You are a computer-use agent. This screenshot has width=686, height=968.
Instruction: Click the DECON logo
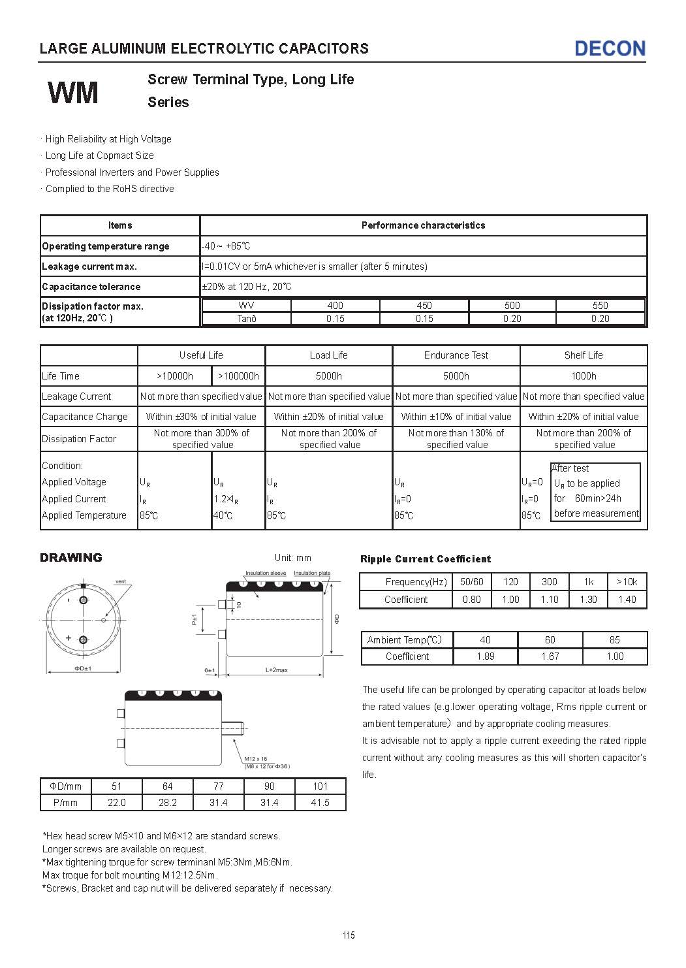(610, 48)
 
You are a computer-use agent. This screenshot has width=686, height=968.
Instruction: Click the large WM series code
(73, 92)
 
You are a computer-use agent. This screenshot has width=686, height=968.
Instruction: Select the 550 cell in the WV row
(600, 305)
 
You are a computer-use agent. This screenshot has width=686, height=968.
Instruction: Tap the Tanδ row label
(246, 319)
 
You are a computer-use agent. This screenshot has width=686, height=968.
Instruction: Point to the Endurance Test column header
(456, 355)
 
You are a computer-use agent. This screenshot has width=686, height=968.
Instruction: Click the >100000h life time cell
(238, 376)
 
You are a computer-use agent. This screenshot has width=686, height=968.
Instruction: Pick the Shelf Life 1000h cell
(584, 376)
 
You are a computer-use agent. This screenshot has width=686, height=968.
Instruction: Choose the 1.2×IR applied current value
(226, 499)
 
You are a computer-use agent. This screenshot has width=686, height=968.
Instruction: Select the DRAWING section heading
(71, 557)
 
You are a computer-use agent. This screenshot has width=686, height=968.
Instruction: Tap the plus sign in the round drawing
(69, 637)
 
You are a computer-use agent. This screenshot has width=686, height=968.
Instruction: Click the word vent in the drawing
(120, 581)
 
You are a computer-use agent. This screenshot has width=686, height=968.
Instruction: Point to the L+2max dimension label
(277, 670)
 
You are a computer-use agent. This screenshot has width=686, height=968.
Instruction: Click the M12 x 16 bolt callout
(256, 759)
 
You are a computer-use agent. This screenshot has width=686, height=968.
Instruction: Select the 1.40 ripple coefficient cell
(627, 600)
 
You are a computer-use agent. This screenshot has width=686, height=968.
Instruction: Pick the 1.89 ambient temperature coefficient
(485, 656)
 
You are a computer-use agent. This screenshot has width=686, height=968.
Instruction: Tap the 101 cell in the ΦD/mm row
(320, 786)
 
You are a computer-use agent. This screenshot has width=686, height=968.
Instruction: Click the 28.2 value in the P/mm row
(168, 803)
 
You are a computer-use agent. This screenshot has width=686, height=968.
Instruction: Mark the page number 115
(349, 935)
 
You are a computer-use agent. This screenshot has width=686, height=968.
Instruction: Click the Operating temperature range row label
(106, 246)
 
